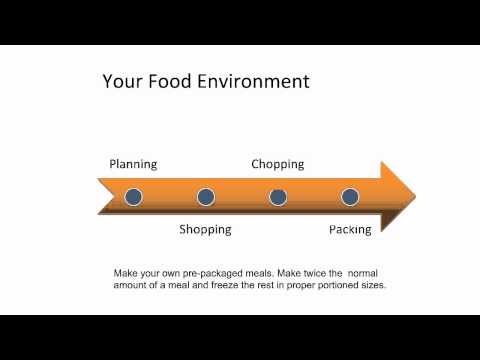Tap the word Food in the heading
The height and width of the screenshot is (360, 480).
pyautogui.click(x=173, y=81)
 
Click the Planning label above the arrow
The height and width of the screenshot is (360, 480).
pyautogui.click(x=133, y=164)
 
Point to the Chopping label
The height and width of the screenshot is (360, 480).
pyautogui.click(x=277, y=164)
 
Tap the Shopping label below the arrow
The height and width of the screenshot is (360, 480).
pyautogui.click(x=205, y=229)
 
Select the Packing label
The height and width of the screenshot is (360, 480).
pyautogui.click(x=350, y=229)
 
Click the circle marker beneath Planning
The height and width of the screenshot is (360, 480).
pyautogui.click(x=133, y=197)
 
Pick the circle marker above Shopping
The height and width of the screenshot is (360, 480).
pyautogui.click(x=206, y=197)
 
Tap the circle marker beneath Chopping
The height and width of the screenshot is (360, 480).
pyautogui.click(x=278, y=197)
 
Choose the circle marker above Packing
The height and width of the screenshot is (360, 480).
pyautogui.click(x=350, y=197)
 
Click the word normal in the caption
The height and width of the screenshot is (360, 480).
pyautogui.click(x=366, y=272)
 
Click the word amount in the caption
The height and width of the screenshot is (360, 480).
pyautogui.click(x=131, y=285)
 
